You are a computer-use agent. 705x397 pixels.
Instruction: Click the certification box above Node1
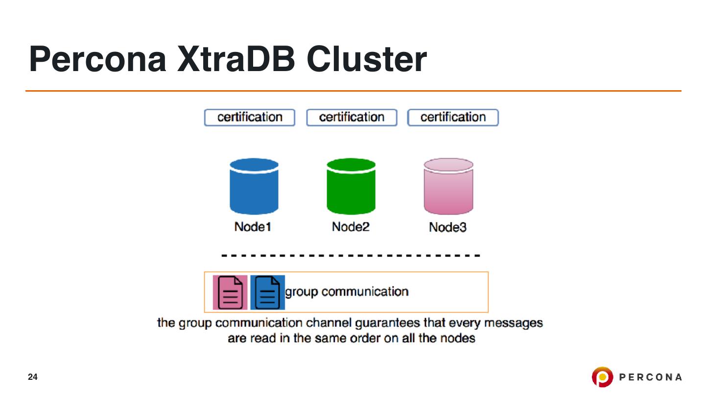tap(250, 118)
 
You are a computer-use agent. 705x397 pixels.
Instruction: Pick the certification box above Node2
tap(352, 118)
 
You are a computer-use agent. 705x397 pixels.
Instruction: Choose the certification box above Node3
tap(453, 118)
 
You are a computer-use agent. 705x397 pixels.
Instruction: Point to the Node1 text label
tap(253, 227)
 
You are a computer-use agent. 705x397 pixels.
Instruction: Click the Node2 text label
tap(351, 227)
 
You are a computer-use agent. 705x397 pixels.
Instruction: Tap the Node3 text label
tap(448, 228)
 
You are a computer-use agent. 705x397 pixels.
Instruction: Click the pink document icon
tap(230, 292)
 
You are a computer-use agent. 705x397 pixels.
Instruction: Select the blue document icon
tap(267, 292)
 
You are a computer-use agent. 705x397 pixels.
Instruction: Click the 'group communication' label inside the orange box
tap(347, 292)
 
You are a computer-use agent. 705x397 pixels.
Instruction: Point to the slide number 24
tap(33, 377)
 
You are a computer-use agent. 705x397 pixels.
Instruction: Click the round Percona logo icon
tap(602, 377)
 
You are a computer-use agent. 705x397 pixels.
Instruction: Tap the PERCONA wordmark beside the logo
tap(651, 377)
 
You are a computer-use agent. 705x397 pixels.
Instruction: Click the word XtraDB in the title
tap(236, 59)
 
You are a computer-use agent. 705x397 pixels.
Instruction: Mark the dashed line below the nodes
tap(351, 256)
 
